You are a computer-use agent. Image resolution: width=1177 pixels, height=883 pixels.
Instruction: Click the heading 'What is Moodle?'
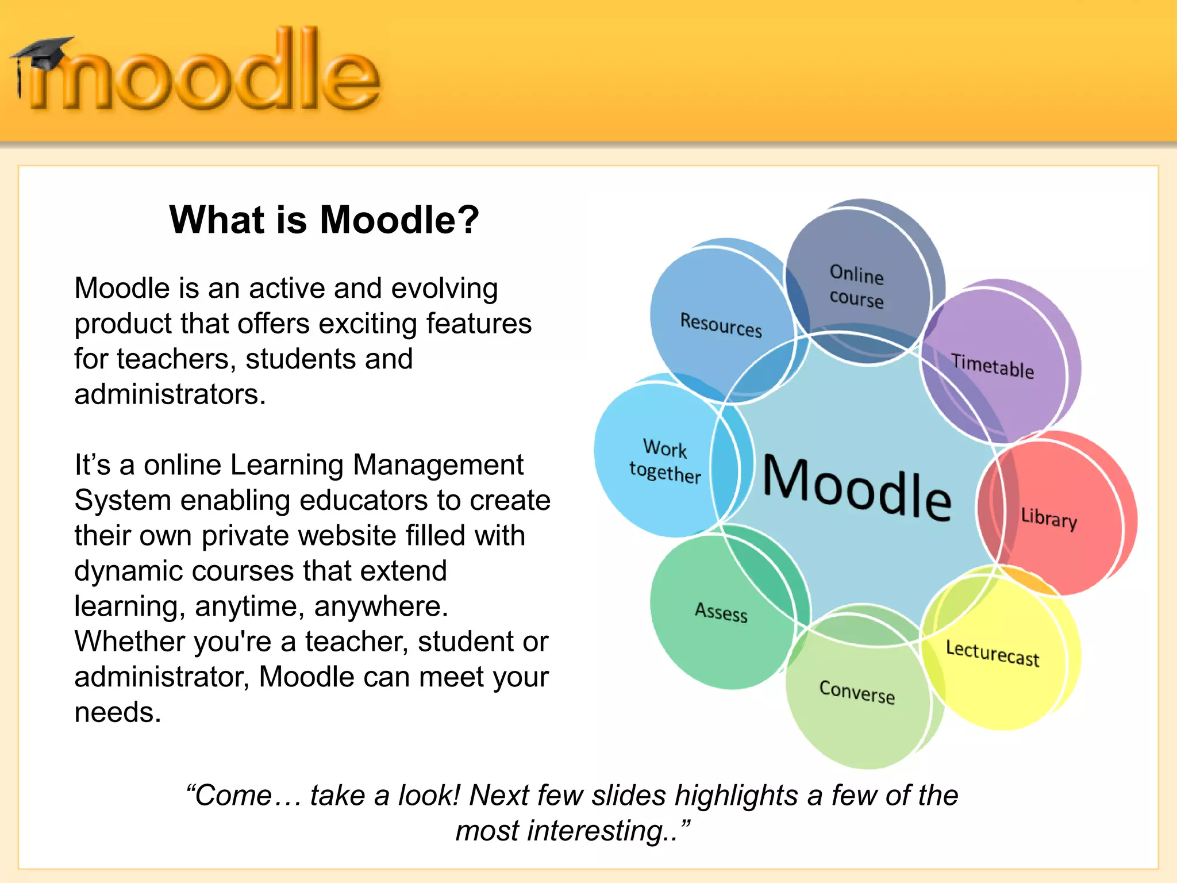(324, 220)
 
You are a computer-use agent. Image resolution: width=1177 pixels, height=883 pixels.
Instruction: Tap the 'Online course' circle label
(856, 286)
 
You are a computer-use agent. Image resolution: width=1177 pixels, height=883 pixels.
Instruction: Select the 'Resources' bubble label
(721, 325)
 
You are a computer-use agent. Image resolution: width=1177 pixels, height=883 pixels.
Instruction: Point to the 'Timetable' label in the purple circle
(993, 366)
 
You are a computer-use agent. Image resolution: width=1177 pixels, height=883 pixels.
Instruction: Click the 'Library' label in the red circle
(1049, 518)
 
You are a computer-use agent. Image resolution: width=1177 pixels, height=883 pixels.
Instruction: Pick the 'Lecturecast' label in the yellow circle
(993, 654)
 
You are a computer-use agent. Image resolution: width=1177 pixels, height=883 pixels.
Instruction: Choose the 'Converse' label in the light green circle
(857, 692)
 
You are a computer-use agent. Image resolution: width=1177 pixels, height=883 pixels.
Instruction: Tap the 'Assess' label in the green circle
(721, 612)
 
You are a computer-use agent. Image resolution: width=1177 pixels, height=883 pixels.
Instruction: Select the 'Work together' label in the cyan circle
(665, 461)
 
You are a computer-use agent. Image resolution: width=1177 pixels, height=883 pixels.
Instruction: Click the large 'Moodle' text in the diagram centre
(856, 487)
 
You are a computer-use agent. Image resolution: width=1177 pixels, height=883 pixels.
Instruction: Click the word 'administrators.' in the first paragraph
(170, 394)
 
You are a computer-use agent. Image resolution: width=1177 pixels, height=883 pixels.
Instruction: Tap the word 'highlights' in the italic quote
(736, 796)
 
